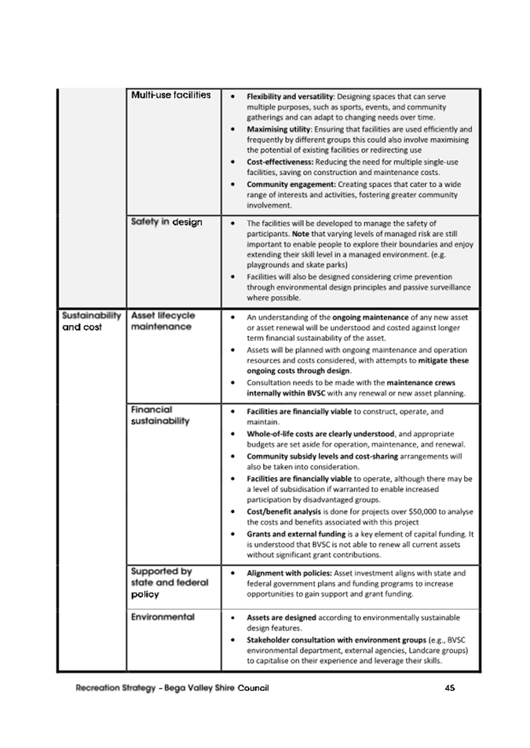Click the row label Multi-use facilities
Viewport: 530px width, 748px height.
pos(171,95)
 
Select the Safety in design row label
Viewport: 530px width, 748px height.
pos(166,222)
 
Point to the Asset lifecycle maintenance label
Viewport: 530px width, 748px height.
pos(163,321)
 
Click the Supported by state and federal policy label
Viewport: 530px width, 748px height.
pos(163,582)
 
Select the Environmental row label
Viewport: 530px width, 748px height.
pos(163,617)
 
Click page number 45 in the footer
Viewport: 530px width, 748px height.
pos(450,688)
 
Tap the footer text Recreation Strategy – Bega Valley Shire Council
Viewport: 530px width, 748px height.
pos(172,688)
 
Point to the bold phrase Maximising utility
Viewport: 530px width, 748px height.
pos(279,129)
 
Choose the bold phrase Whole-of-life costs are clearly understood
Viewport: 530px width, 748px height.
pos(320,433)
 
